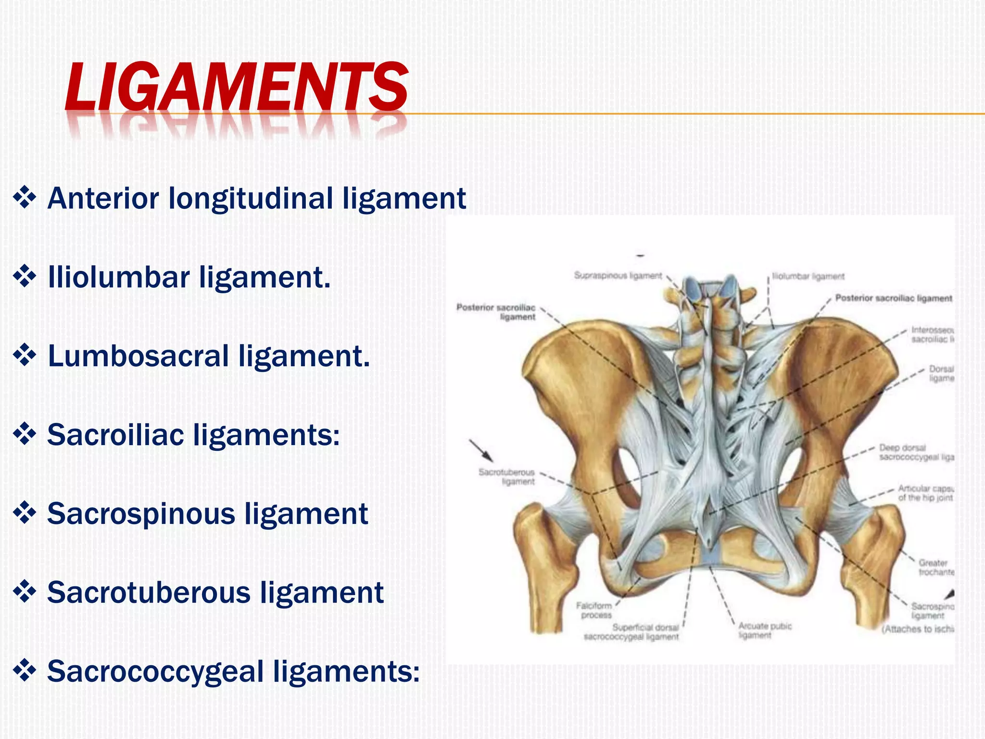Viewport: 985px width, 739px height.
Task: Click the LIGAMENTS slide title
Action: point(236,87)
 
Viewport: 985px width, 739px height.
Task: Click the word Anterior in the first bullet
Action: point(103,198)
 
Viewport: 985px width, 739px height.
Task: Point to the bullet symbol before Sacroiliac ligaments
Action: point(25,435)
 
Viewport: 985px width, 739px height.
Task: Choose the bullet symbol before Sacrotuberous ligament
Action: point(25,592)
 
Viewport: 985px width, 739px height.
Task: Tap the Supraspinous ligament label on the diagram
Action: point(618,276)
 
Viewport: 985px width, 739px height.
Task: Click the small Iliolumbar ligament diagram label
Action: point(808,277)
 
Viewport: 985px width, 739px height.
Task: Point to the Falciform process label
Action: point(594,610)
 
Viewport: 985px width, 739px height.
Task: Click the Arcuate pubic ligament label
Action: point(765,630)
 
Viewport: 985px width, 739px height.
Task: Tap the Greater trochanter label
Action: point(936,567)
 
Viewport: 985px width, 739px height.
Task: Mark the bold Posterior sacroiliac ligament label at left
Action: point(496,312)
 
